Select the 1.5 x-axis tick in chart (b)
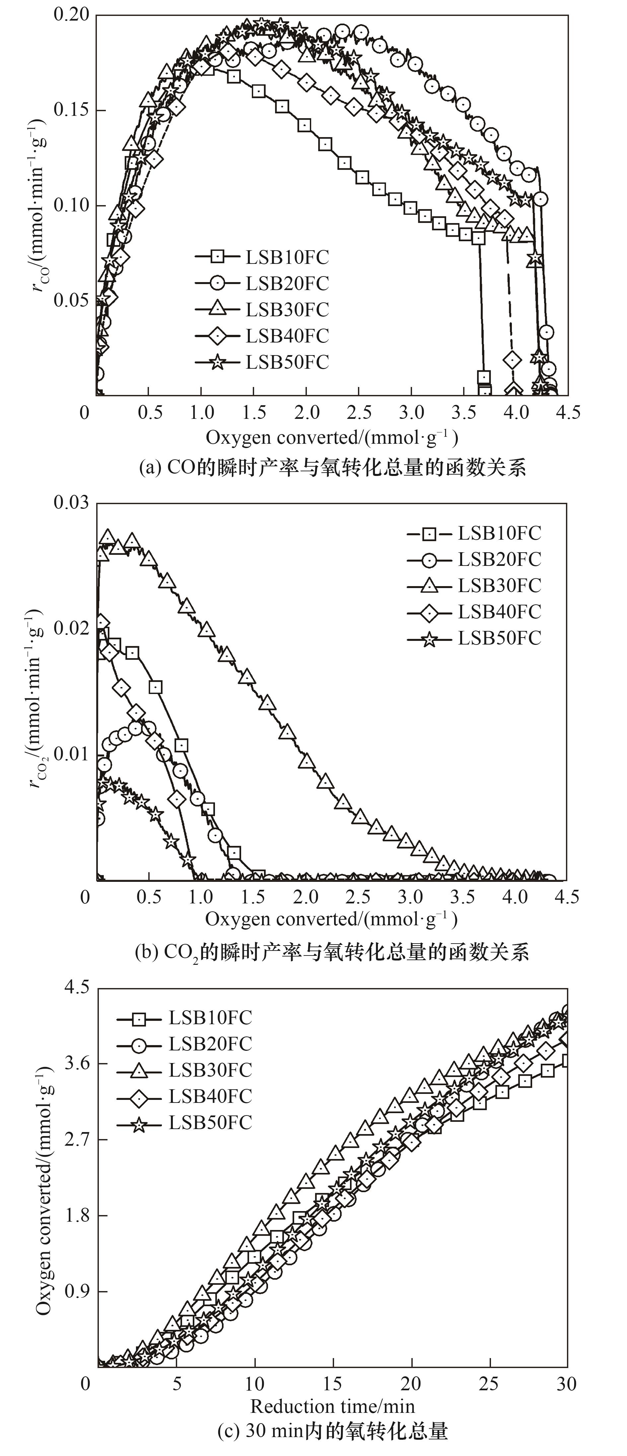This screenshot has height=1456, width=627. coord(254,897)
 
